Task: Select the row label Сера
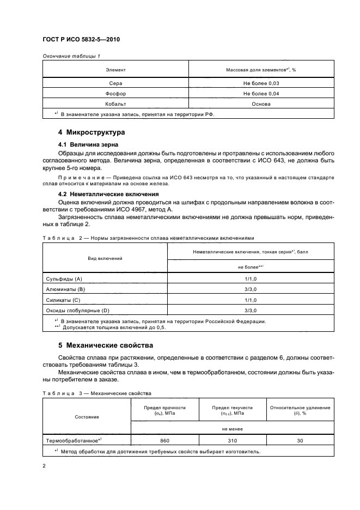click(115, 83)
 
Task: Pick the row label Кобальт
click(115, 103)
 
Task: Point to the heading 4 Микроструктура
click(91, 132)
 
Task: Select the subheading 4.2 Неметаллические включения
click(108, 193)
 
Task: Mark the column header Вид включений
click(105, 258)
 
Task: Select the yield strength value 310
click(233, 440)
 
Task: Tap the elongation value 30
click(300, 440)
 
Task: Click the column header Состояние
click(87, 417)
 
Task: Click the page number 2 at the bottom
click(44, 466)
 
